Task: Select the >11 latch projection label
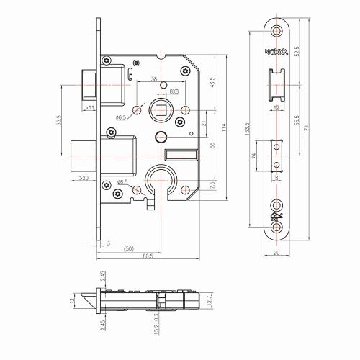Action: pyautogui.click(x=89, y=107)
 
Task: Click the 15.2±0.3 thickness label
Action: pyautogui.click(x=155, y=321)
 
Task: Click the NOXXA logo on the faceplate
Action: pyautogui.click(x=277, y=51)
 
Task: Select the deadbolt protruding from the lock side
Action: pyautogui.click(x=84, y=154)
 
